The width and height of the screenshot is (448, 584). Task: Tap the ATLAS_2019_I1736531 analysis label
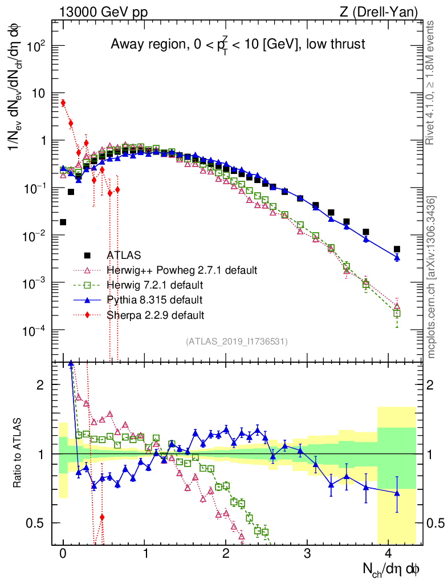tap(237, 342)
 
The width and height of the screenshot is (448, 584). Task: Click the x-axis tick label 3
tap(307, 553)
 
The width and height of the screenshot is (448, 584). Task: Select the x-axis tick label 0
tap(63, 553)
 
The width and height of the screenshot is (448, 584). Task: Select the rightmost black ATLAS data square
tap(397, 249)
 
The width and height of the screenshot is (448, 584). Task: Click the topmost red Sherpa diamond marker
tap(63, 103)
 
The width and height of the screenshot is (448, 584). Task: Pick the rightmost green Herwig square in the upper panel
tap(397, 313)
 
